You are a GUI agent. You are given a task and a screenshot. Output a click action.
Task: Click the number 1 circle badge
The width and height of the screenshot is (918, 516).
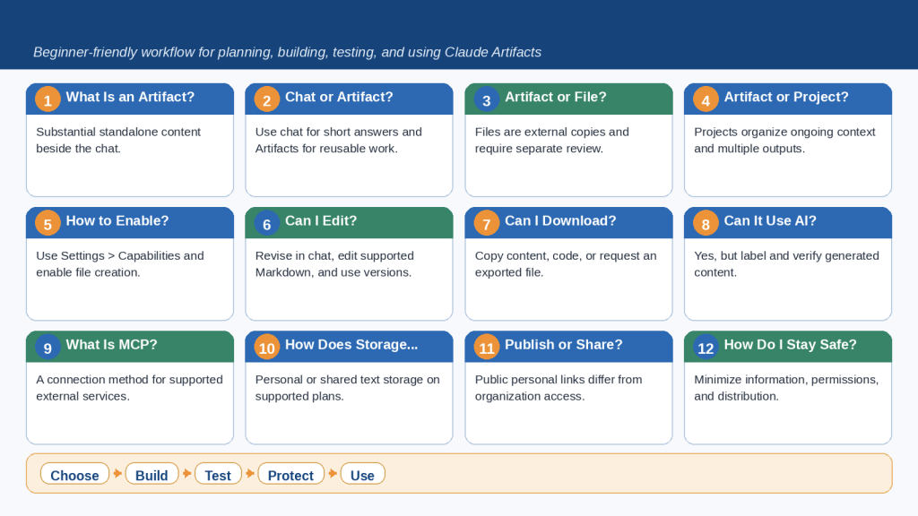pos(48,99)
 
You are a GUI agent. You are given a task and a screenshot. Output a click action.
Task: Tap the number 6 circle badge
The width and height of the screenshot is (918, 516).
pos(266,223)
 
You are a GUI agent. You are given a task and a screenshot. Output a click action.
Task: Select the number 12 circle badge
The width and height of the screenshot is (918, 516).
pos(706,348)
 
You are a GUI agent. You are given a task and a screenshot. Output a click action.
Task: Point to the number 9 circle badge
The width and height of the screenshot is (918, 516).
pos(48,348)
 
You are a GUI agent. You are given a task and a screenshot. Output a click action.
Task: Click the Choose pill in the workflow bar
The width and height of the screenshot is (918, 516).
pos(74,475)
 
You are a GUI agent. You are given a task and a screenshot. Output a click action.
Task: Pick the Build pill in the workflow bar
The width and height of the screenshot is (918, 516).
pos(152,475)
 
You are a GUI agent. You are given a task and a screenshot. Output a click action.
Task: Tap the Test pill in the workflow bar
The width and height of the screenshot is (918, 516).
pos(218,475)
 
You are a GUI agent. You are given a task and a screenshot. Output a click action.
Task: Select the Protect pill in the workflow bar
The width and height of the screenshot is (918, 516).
pos(290,475)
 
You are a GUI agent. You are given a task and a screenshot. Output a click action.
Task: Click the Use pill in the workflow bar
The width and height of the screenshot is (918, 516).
pos(362,475)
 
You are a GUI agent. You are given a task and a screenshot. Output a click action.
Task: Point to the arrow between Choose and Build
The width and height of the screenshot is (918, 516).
pos(117,473)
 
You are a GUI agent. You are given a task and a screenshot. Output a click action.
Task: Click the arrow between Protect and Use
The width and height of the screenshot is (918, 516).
pos(333,473)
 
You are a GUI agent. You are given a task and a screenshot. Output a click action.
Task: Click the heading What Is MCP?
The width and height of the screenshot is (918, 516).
pos(111,345)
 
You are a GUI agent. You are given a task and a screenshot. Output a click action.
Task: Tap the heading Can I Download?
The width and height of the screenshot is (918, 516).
pos(560,220)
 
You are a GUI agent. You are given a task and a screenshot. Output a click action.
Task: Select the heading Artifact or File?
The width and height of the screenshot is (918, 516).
pos(556,97)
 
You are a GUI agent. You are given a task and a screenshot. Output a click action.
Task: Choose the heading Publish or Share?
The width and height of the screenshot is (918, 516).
pos(563,345)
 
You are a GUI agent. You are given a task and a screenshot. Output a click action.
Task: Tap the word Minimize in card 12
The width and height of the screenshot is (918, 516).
pos(718,379)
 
